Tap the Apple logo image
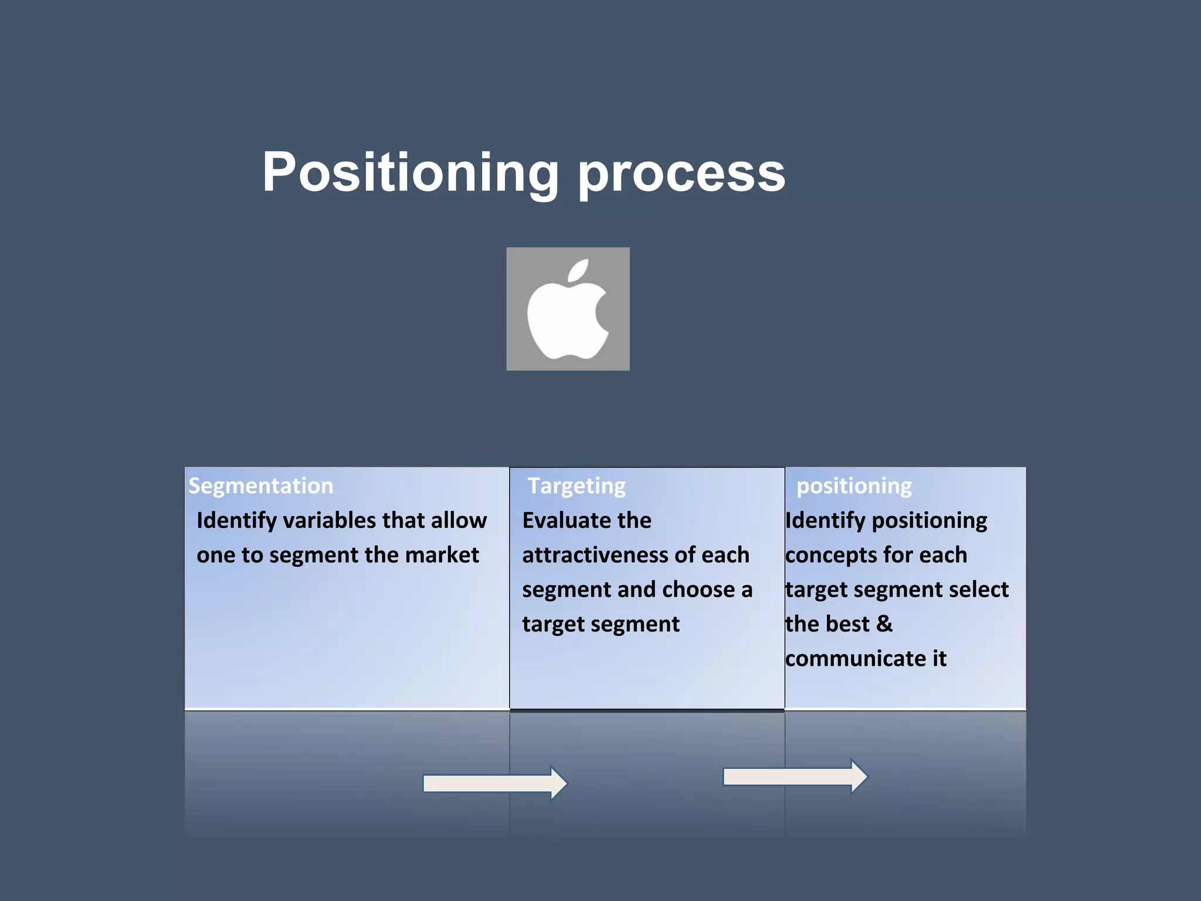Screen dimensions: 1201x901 (568, 309)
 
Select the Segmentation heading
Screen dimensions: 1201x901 (260, 486)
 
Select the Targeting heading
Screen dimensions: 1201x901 (576, 486)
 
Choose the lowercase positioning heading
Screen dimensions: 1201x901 (854, 486)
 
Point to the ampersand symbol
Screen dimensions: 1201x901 (884, 624)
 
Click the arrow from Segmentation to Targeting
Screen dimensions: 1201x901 (495, 783)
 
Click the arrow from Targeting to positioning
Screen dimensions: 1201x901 (795, 777)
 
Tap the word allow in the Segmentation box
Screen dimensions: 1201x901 (459, 520)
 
